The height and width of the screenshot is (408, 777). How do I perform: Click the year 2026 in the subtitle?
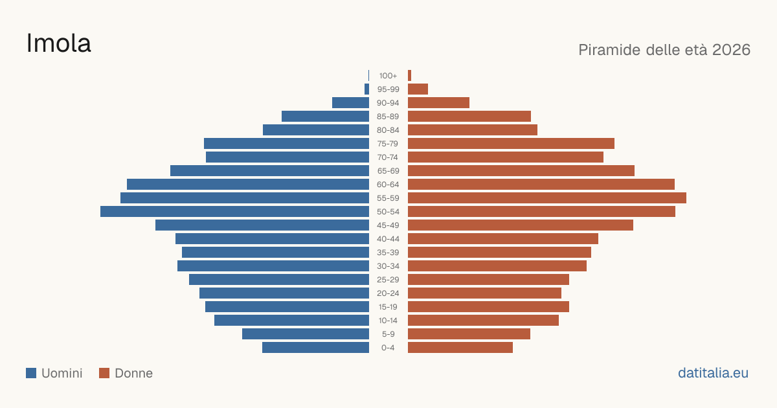(x=731, y=50)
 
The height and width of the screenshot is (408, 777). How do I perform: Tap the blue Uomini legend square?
(x=31, y=373)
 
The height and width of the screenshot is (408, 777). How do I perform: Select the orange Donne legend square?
(x=104, y=373)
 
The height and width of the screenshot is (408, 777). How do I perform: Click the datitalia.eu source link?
(x=713, y=373)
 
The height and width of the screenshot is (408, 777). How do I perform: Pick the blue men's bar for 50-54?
(x=234, y=212)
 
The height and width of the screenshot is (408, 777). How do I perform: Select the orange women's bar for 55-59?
(x=547, y=198)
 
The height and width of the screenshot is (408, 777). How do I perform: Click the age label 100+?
(x=388, y=76)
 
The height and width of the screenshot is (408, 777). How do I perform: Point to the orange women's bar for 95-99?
(x=418, y=89)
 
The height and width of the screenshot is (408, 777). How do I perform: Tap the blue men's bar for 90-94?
(x=350, y=103)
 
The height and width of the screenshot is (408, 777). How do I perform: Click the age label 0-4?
(x=388, y=348)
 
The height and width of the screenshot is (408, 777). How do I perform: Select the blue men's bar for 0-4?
(x=316, y=348)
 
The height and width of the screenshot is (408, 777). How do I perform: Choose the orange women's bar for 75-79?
(x=511, y=144)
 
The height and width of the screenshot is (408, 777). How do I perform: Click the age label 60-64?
(x=388, y=185)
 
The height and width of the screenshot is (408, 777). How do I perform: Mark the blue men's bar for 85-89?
(x=325, y=116)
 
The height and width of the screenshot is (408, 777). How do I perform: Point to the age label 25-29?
(x=388, y=280)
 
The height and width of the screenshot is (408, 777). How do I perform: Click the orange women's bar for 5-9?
(x=469, y=334)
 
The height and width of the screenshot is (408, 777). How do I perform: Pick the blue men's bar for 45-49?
(x=262, y=225)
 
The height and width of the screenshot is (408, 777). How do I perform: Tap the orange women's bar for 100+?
(x=410, y=76)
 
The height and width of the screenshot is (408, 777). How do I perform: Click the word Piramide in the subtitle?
(x=609, y=50)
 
